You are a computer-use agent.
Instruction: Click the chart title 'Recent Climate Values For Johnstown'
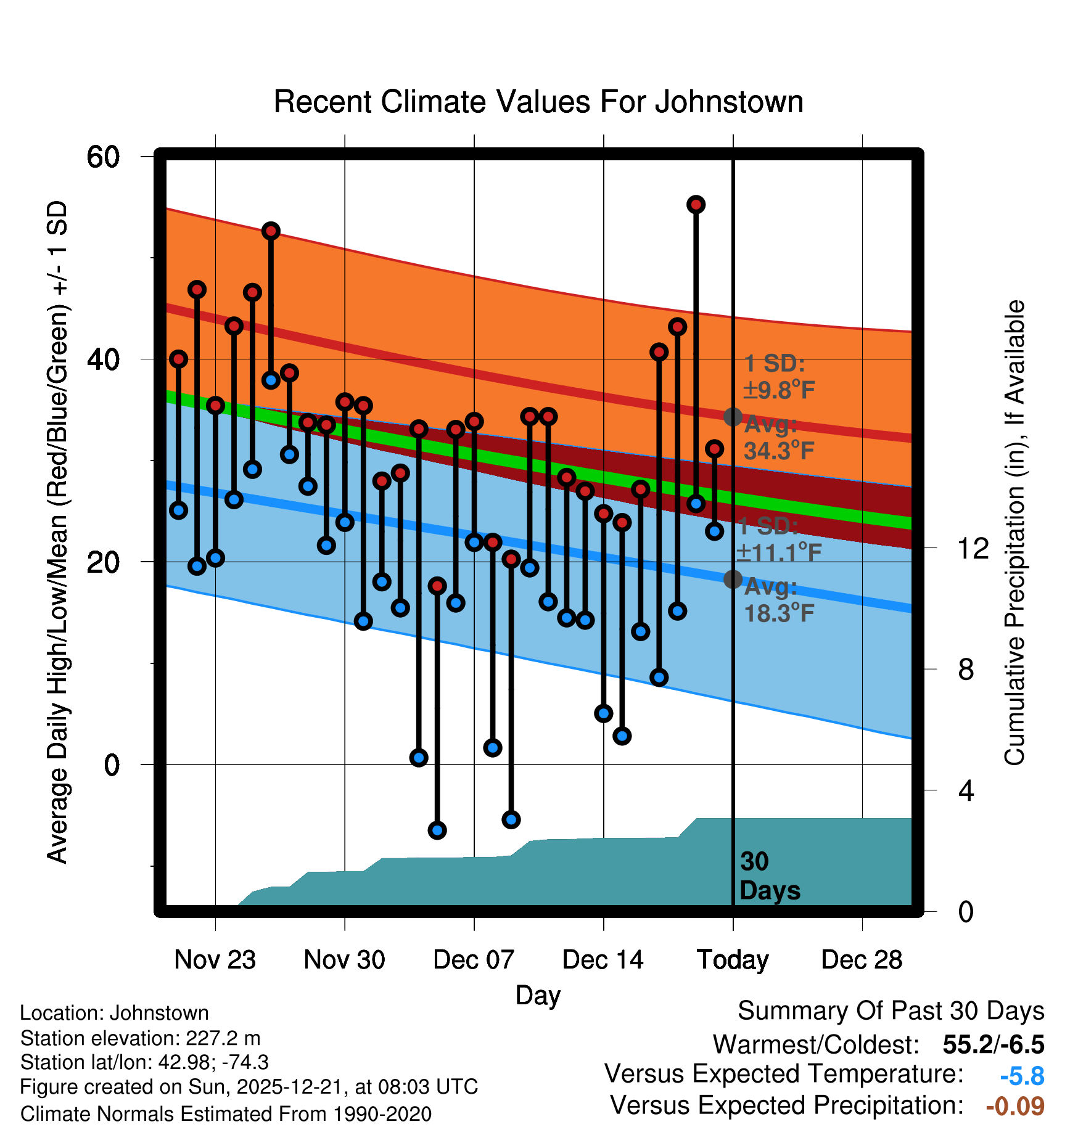[x=538, y=102]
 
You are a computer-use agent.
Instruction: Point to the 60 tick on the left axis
[x=103, y=157]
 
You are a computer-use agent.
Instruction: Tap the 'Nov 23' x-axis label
[x=215, y=960]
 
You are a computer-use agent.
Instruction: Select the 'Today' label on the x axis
[x=733, y=960]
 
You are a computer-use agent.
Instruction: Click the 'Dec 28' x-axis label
[x=862, y=960]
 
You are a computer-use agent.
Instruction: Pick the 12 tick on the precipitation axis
[x=973, y=548]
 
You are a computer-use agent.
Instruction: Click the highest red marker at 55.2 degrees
[x=696, y=205]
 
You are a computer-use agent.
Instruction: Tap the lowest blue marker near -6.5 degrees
[x=437, y=830]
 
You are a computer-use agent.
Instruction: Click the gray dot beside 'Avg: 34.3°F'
[x=733, y=417]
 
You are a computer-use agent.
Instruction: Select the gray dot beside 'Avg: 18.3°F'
[x=733, y=579]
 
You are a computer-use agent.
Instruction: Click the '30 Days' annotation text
[x=769, y=876]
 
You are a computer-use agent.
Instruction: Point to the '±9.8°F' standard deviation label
[x=780, y=390]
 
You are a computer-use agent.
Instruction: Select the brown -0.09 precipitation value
[x=1015, y=1106]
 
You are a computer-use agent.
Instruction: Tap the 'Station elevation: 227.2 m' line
[x=140, y=1038]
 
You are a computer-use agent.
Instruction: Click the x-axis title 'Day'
[x=538, y=995]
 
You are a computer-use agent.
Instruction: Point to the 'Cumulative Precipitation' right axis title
[x=1014, y=533]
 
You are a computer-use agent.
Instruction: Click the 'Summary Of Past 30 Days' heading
[x=891, y=1011]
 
